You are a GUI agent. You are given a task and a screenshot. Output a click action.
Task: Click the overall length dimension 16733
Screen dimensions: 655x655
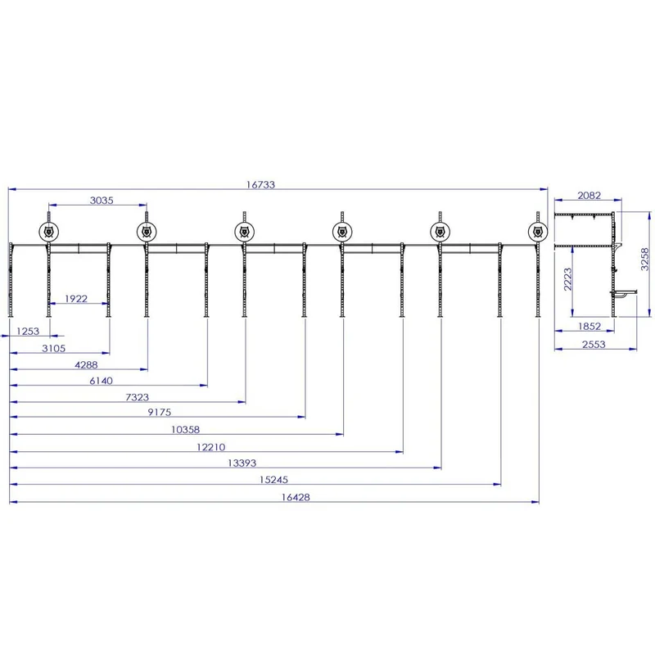260,185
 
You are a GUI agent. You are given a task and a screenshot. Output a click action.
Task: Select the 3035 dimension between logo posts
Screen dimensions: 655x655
102,201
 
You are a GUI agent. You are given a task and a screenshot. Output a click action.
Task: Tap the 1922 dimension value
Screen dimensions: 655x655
76,299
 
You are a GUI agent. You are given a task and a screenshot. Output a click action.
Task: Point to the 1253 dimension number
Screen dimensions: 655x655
28,332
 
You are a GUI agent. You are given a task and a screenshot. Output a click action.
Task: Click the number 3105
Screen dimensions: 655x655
53,349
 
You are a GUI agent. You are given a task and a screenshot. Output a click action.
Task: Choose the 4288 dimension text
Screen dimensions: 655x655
86,365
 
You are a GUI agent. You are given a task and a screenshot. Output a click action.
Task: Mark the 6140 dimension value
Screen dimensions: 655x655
101,381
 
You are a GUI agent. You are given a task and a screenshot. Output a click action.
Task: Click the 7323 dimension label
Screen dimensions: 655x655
137,397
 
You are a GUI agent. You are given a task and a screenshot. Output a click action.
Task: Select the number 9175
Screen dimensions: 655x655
159,413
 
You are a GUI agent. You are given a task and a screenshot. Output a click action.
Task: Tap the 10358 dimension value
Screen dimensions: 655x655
186,429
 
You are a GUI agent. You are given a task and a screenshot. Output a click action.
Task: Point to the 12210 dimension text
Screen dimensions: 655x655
211,447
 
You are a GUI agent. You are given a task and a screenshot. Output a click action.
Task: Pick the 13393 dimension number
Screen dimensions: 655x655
242,463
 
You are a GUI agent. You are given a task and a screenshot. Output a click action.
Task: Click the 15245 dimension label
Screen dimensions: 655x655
273,480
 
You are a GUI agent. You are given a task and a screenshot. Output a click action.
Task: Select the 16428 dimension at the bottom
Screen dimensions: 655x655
296,497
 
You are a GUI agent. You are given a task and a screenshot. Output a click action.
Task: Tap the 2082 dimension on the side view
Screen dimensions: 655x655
589,196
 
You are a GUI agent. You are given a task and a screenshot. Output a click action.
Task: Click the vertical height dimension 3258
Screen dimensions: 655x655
645,259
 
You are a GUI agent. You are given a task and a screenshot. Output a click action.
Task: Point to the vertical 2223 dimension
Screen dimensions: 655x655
567,279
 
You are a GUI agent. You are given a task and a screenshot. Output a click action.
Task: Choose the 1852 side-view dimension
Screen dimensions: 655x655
589,326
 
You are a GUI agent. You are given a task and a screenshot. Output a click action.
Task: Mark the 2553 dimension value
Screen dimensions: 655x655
594,344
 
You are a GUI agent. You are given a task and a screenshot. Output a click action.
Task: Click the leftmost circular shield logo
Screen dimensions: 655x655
49,232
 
